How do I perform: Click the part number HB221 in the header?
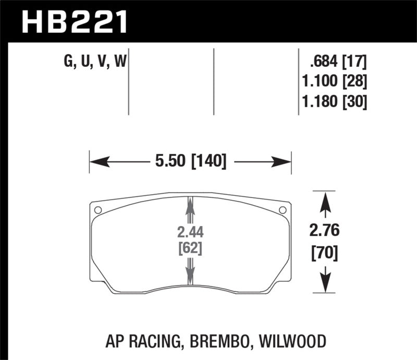pos(73,21)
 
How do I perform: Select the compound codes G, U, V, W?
pos(96,63)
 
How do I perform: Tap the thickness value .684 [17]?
pos(338,63)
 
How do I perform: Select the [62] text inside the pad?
pos(190,249)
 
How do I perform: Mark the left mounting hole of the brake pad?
pos(97,210)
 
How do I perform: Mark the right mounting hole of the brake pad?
pos(283,210)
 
